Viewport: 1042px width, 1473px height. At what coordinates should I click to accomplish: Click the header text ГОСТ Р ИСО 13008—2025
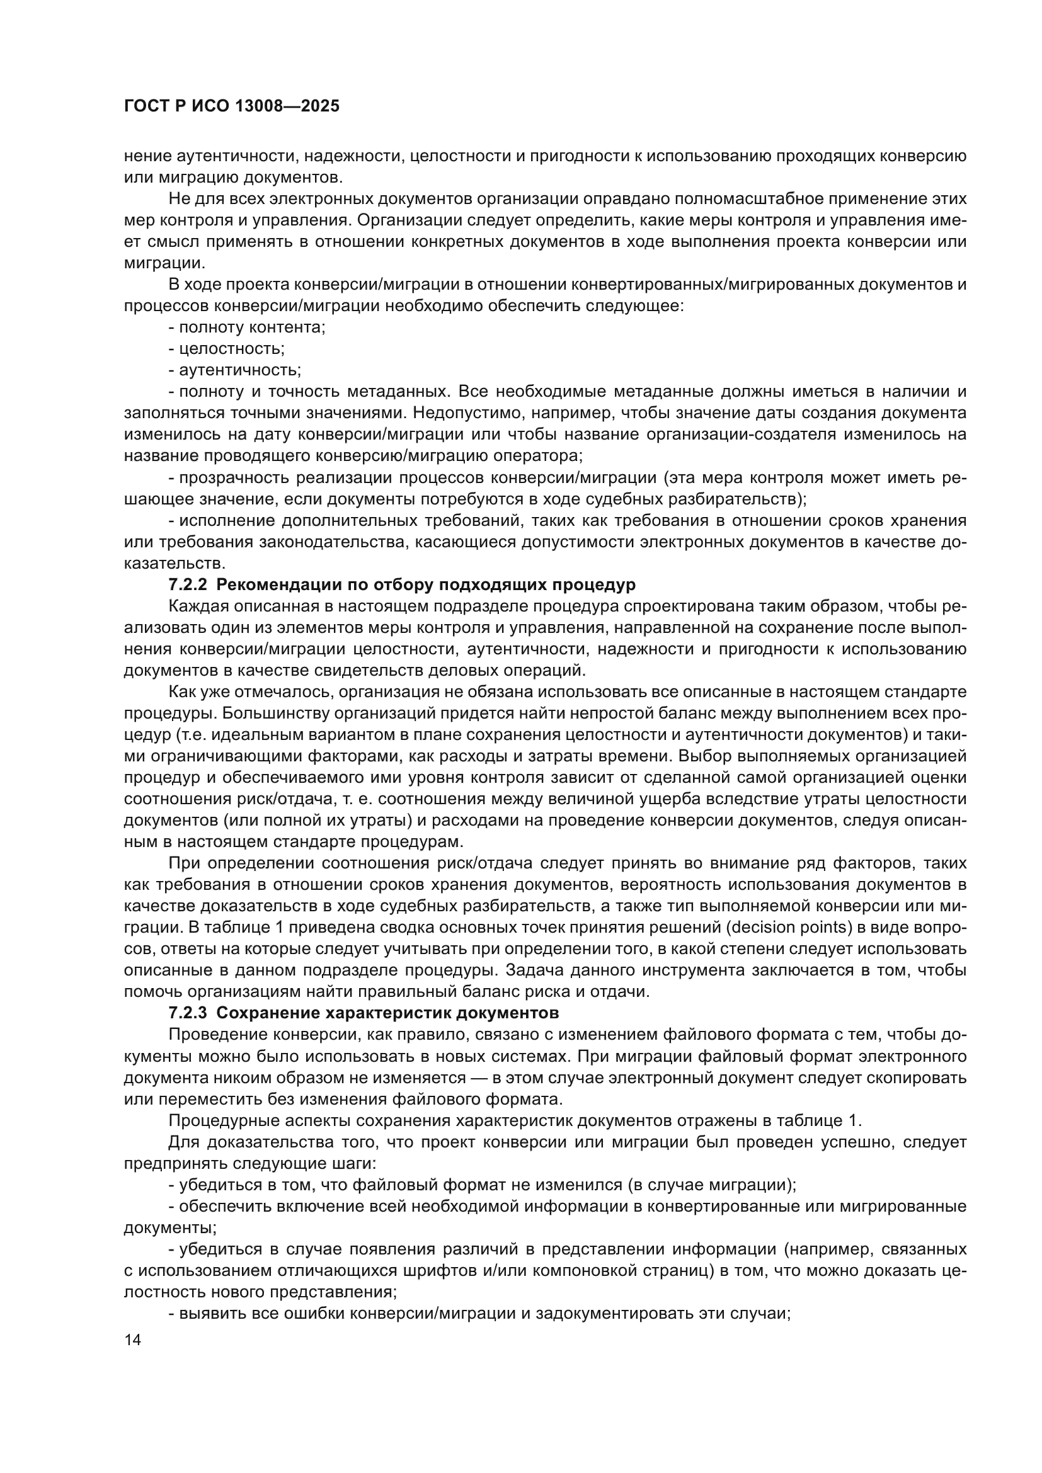232,106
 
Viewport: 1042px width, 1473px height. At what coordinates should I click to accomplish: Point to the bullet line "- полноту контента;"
247,327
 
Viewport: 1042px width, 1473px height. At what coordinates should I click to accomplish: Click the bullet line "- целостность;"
227,349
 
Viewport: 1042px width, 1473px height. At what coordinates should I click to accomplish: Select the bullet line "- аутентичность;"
235,370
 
